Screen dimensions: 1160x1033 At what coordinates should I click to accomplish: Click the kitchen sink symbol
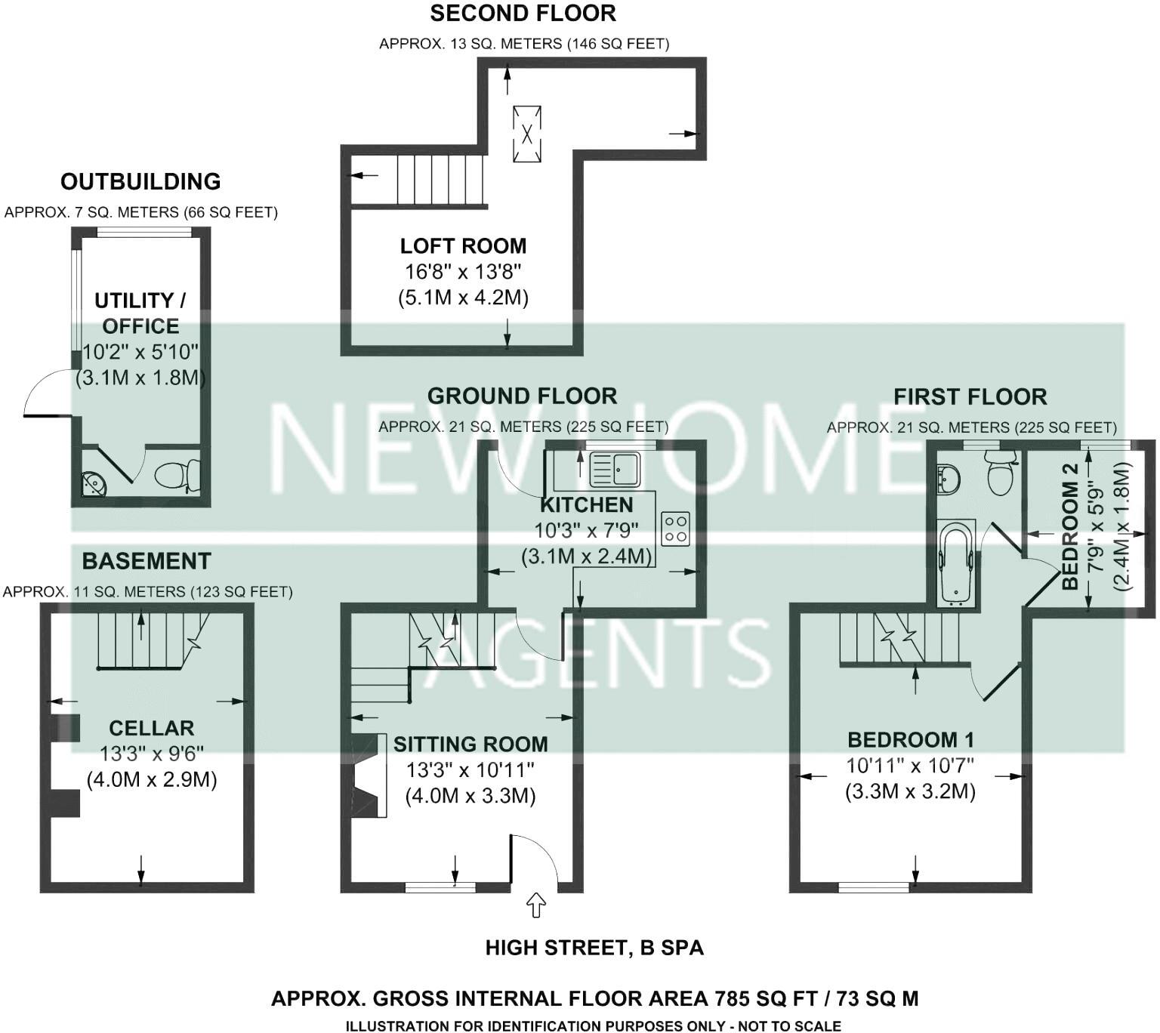click(x=615, y=469)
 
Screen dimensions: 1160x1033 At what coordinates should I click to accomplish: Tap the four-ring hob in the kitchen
click(x=676, y=528)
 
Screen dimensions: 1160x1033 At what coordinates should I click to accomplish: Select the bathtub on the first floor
click(x=956, y=563)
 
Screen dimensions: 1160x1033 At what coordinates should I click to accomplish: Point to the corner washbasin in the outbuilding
click(x=94, y=483)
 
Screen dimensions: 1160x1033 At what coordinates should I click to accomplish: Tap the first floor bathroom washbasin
click(x=947, y=478)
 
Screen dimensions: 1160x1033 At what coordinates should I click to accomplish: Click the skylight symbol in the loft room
click(x=527, y=134)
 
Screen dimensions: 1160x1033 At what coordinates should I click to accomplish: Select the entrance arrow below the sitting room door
click(x=536, y=905)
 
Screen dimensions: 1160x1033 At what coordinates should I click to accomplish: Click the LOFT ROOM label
click(x=463, y=246)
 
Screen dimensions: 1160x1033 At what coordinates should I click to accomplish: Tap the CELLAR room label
click(x=152, y=728)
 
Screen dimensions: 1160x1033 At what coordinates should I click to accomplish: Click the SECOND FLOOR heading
click(x=523, y=13)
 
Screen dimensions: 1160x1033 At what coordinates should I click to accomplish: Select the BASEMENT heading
click(x=147, y=561)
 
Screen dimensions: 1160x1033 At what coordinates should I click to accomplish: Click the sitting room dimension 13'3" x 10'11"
click(x=470, y=770)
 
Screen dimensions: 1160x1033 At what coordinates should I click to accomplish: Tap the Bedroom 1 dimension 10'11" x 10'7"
click(x=910, y=766)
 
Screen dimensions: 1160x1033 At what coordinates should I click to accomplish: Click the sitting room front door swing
click(x=535, y=858)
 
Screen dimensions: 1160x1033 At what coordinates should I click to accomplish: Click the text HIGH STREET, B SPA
click(x=594, y=948)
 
